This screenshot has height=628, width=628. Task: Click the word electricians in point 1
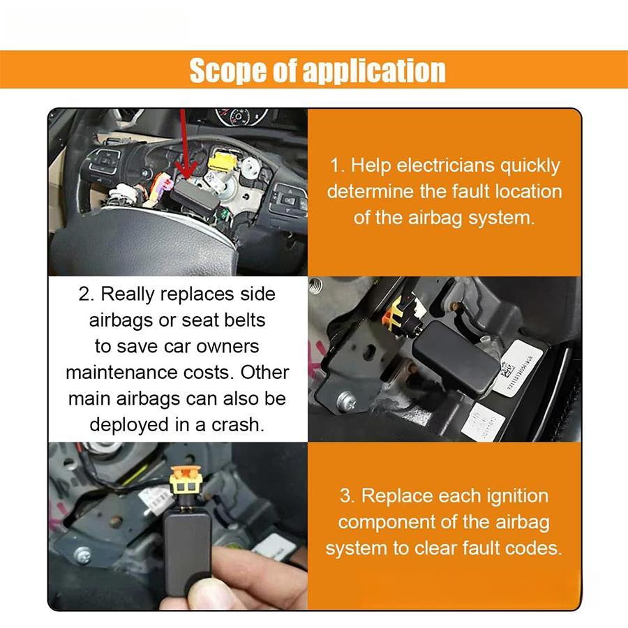click(444, 165)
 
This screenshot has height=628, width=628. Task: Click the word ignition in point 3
click(514, 496)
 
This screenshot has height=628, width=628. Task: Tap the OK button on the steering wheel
click(287, 200)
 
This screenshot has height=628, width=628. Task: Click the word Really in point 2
click(127, 294)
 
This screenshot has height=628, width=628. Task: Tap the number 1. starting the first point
click(338, 165)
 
